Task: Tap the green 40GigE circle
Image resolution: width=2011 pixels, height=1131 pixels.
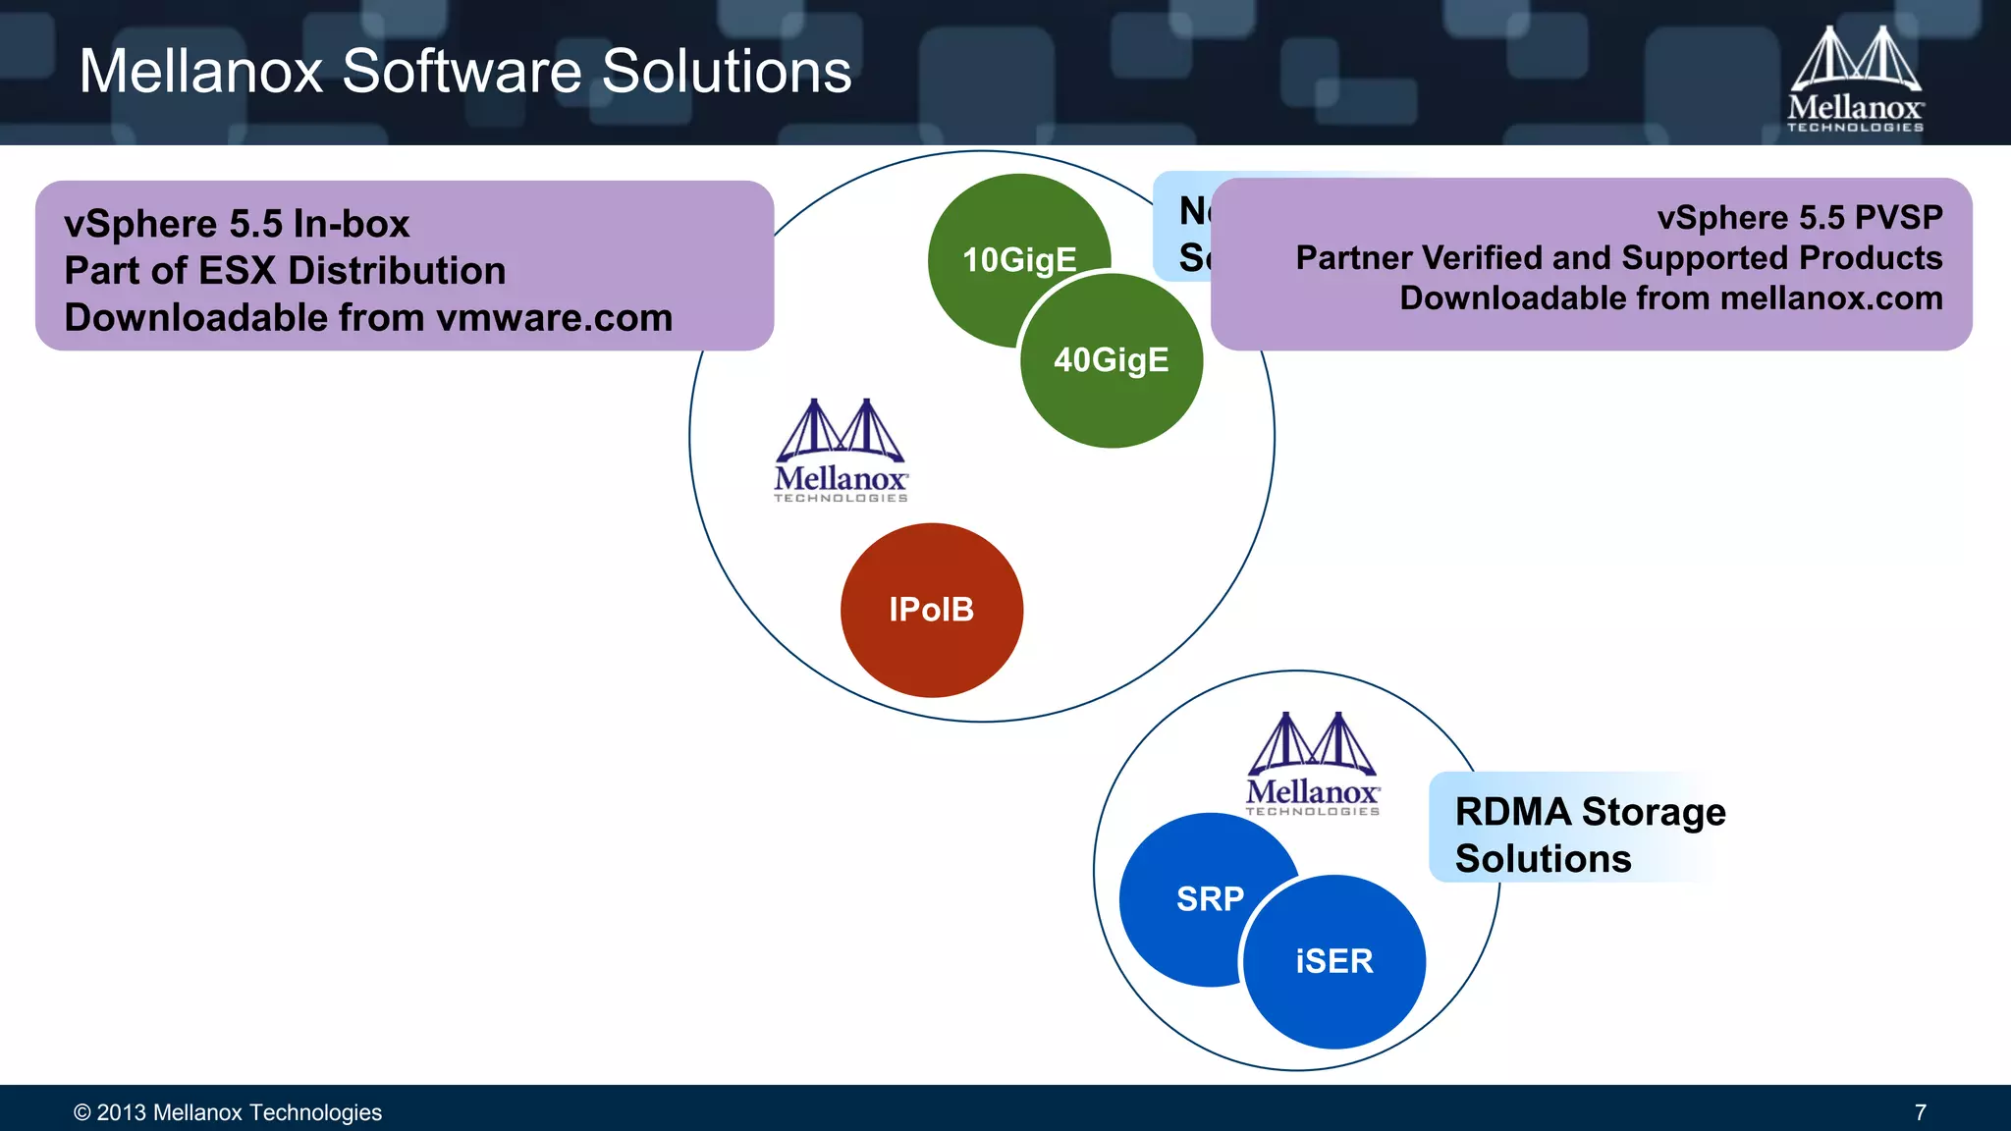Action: [1112, 361]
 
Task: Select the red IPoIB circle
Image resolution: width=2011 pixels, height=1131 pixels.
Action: [932, 610]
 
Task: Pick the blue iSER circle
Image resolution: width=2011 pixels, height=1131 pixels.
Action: [1334, 961]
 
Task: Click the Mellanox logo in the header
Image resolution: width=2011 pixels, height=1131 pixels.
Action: [1855, 79]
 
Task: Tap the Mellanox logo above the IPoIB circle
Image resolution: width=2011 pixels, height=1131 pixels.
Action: [841, 451]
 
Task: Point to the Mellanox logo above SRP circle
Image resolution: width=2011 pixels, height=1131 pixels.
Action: [1313, 764]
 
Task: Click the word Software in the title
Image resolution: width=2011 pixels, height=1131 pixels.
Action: [462, 72]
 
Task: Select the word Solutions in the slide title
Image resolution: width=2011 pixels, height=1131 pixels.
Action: [727, 72]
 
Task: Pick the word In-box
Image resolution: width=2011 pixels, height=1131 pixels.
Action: [351, 224]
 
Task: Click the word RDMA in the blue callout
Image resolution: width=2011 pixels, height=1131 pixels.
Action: [1513, 812]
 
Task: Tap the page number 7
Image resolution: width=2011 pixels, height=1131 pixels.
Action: [1920, 1112]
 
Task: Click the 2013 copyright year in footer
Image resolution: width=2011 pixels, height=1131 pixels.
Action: [121, 1112]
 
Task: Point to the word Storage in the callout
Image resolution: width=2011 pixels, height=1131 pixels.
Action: [1654, 812]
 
